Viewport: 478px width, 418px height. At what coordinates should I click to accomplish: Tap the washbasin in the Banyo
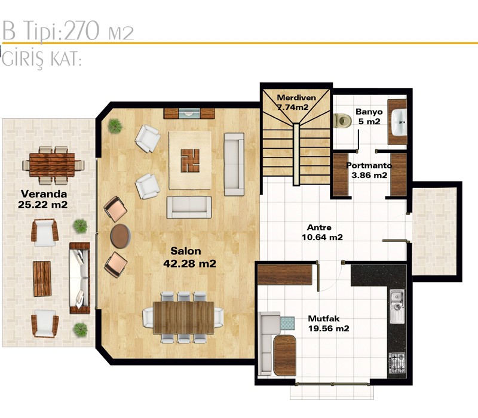click(x=399, y=122)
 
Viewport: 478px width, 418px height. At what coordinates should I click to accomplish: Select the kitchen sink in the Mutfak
click(x=397, y=306)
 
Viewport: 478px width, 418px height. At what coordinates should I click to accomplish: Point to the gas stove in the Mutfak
click(x=397, y=363)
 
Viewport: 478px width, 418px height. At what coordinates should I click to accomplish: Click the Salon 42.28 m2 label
click(x=189, y=257)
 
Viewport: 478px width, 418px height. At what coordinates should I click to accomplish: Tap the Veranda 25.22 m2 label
click(x=43, y=199)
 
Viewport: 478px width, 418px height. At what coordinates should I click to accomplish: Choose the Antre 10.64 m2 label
click(x=322, y=232)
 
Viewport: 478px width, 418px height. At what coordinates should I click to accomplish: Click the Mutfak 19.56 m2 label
click(x=328, y=324)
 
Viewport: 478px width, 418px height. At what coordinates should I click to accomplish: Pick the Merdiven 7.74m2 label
click(x=296, y=102)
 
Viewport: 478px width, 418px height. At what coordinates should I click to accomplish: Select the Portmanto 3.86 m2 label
click(x=369, y=170)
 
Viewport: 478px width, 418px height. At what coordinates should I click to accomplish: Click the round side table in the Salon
click(x=121, y=236)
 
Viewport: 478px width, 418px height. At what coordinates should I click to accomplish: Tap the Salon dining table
click(x=184, y=318)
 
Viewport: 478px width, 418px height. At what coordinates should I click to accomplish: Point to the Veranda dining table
click(x=52, y=165)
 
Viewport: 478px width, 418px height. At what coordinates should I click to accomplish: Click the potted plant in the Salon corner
click(x=115, y=125)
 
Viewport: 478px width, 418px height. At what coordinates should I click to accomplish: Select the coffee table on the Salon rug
click(x=190, y=160)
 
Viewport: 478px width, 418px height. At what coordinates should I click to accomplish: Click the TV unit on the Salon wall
click(x=189, y=113)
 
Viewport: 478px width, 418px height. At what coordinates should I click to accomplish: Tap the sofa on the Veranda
click(x=79, y=278)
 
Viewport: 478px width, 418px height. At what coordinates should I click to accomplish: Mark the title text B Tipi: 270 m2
click(x=68, y=31)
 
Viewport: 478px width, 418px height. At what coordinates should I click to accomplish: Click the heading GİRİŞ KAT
click(x=41, y=58)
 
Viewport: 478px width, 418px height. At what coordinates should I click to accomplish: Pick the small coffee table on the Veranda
click(x=42, y=279)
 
